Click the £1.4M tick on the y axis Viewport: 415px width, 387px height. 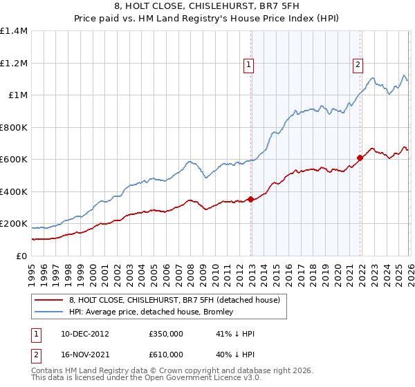click(x=14, y=31)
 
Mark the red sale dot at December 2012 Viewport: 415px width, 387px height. click(x=250, y=200)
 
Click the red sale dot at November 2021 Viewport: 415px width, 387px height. click(x=360, y=158)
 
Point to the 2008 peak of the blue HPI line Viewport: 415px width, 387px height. click(x=188, y=162)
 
